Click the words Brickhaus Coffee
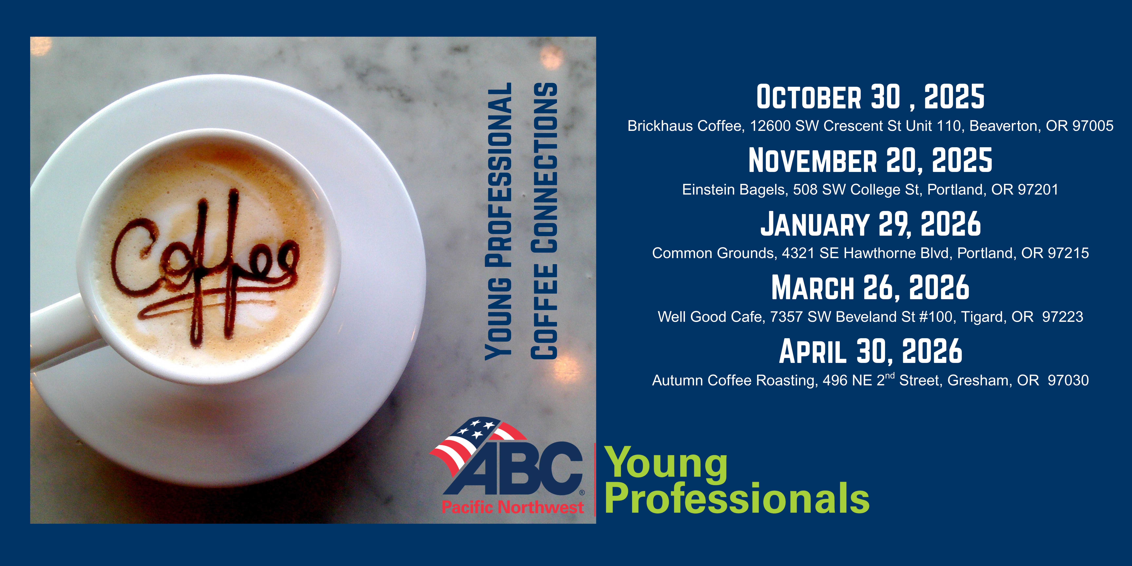pyautogui.click(x=686, y=126)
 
